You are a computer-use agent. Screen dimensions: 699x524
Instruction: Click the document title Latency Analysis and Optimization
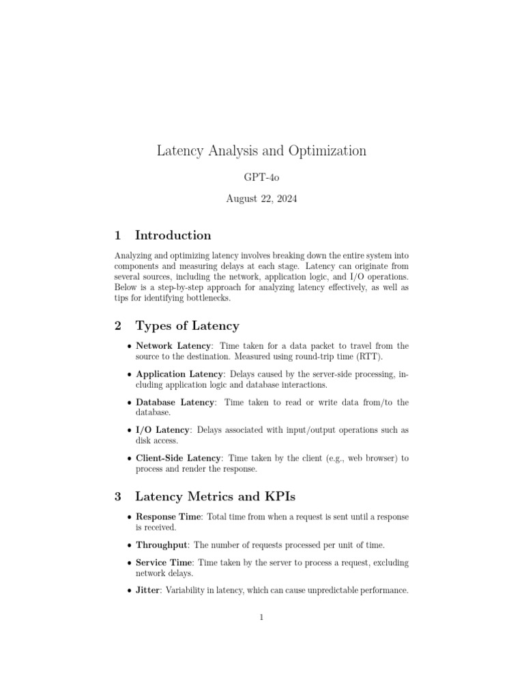tap(261, 151)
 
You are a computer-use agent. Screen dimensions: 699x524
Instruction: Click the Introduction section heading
tap(173, 236)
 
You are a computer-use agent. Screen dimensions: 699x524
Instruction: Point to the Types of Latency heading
tap(187, 326)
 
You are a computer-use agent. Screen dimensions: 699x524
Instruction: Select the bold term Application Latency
tap(179, 374)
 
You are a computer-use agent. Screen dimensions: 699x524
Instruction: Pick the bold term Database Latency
tap(175, 402)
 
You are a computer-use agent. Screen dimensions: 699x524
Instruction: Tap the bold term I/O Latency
tap(163, 430)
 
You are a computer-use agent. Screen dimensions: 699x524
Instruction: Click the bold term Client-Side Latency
tap(179, 458)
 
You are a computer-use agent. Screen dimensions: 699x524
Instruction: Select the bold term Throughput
tap(162, 545)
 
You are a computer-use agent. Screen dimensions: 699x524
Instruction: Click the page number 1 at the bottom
tap(261, 618)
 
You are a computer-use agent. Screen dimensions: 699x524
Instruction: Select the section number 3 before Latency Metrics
tap(118, 496)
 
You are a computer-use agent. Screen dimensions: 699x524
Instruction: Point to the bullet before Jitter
tap(130, 591)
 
